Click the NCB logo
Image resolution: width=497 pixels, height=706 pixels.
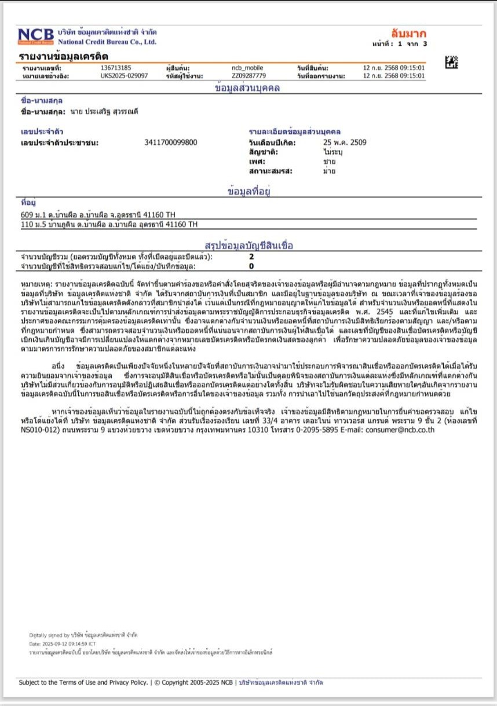[35, 36]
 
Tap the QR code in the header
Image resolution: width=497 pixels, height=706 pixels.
[452, 62]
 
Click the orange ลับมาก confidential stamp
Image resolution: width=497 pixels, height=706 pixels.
[408, 32]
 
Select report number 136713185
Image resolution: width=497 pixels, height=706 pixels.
[116, 68]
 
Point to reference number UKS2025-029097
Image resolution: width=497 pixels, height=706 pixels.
[124, 75]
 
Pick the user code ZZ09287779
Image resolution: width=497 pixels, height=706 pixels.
[249, 75]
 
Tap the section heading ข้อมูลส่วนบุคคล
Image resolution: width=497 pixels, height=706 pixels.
[247, 88]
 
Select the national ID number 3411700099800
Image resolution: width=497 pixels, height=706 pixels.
[170, 142]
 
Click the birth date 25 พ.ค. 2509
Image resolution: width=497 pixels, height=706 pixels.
[345, 142]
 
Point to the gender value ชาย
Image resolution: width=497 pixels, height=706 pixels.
[329, 162]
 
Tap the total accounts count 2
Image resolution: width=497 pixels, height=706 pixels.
[251, 256]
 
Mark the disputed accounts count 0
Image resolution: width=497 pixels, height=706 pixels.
[251, 266]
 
